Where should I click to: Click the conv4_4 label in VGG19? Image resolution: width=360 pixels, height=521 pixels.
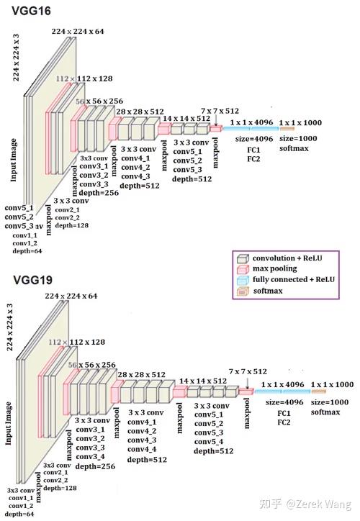144,448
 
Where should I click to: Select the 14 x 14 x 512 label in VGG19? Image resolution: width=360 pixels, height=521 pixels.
204,381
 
